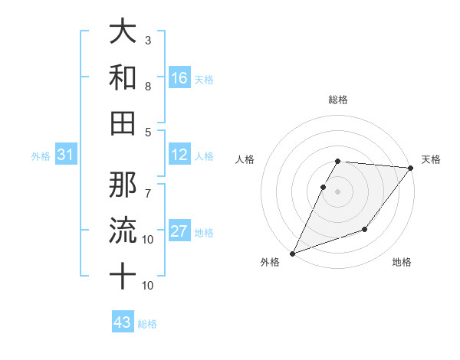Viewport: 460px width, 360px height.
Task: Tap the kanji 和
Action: click(123, 77)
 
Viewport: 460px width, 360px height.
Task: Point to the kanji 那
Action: click(123, 184)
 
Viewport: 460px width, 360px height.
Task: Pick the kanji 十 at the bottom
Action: click(123, 276)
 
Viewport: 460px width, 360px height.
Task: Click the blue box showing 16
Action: click(179, 78)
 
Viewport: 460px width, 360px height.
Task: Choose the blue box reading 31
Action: click(66, 155)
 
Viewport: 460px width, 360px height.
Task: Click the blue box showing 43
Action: click(123, 322)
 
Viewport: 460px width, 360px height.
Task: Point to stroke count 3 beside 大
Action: click(148, 40)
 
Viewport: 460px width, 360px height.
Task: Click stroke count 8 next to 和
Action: click(148, 86)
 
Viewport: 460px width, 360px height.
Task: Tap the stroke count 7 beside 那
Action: click(148, 185)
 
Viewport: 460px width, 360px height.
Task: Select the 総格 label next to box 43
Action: click(148, 324)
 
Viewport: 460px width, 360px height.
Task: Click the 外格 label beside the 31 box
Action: click(41, 156)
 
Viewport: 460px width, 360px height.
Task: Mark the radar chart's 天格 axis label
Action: click(432, 159)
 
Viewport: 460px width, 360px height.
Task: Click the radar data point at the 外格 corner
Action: click(292, 253)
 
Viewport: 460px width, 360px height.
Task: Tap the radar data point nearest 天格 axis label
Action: click(410, 169)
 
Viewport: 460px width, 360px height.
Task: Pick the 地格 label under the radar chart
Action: click(402, 263)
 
